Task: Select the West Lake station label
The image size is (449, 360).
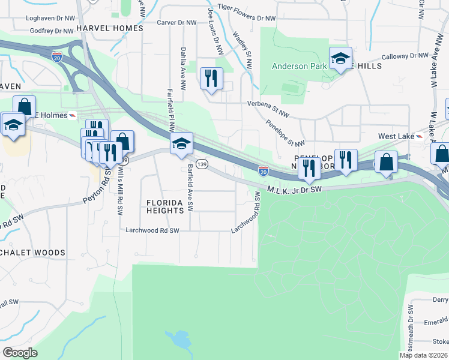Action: point(396,136)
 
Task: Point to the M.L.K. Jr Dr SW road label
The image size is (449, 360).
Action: point(295,189)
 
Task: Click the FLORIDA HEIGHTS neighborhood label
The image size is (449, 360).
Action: point(165,207)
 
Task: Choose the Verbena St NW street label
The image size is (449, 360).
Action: point(268,103)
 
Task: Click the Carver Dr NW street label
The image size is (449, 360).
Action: point(176,23)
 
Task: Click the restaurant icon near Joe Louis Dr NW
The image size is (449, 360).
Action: point(211,78)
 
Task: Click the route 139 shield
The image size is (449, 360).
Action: point(202,164)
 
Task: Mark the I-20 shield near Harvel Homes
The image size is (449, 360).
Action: point(57,56)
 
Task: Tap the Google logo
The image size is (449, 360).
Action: point(20,353)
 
